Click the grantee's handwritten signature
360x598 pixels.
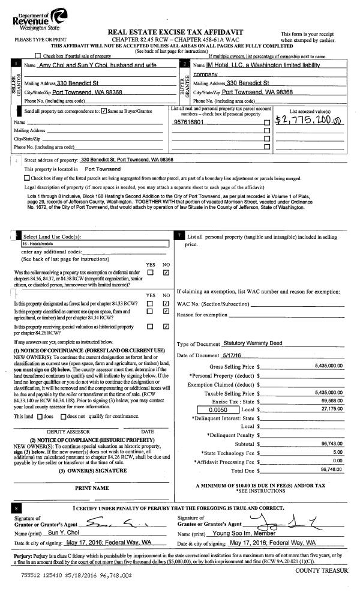click(x=270, y=518)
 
